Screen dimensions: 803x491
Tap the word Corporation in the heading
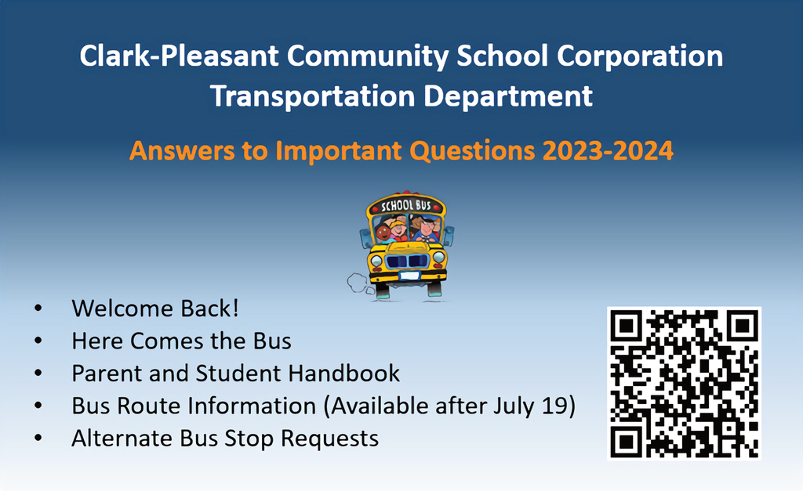[640, 56]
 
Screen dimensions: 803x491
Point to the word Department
[508, 96]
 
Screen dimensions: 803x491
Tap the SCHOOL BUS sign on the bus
[406, 205]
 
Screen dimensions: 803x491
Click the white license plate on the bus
[409, 276]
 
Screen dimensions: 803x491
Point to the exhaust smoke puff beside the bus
[358, 283]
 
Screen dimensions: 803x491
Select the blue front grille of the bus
[407, 262]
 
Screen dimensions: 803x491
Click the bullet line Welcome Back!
[154, 309]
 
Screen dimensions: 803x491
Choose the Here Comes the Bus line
[181, 341]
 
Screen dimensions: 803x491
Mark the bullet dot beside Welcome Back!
[38, 309]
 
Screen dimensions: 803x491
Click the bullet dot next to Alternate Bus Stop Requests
[38, 439]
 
